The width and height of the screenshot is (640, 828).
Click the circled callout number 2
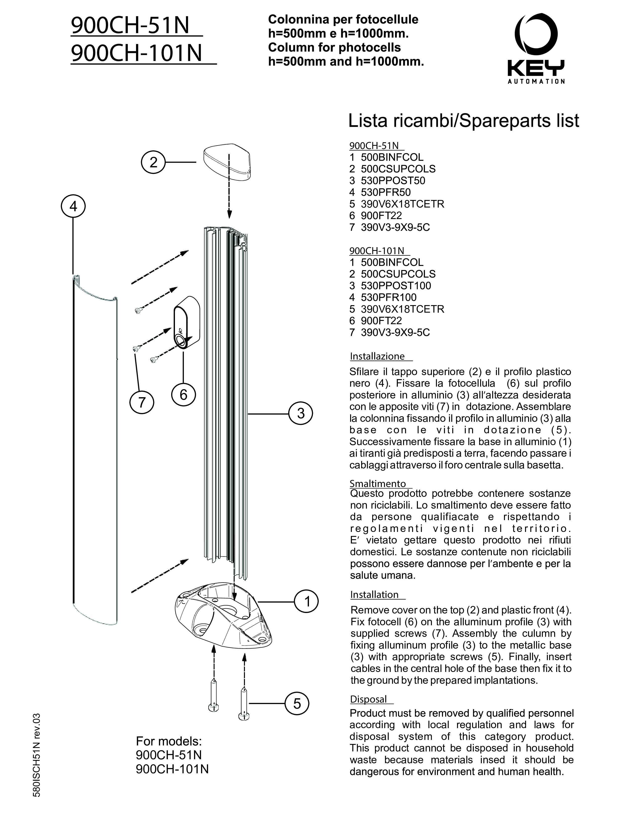tap(153, 162)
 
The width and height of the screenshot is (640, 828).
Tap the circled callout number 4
tap(73, 206)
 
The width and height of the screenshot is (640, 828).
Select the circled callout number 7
tap(142, 402)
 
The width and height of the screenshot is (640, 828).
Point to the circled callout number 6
tap(183, 395)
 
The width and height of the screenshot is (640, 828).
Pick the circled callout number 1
tap(307, 601)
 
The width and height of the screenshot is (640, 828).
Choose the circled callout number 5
tap(297, 703)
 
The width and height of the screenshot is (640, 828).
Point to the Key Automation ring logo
tap(536, 34)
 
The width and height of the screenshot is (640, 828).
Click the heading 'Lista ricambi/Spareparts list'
tap(463, 120)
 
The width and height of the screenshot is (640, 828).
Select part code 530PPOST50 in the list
tap(393, 180)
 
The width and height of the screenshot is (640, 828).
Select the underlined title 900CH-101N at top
tap(137, 53)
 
